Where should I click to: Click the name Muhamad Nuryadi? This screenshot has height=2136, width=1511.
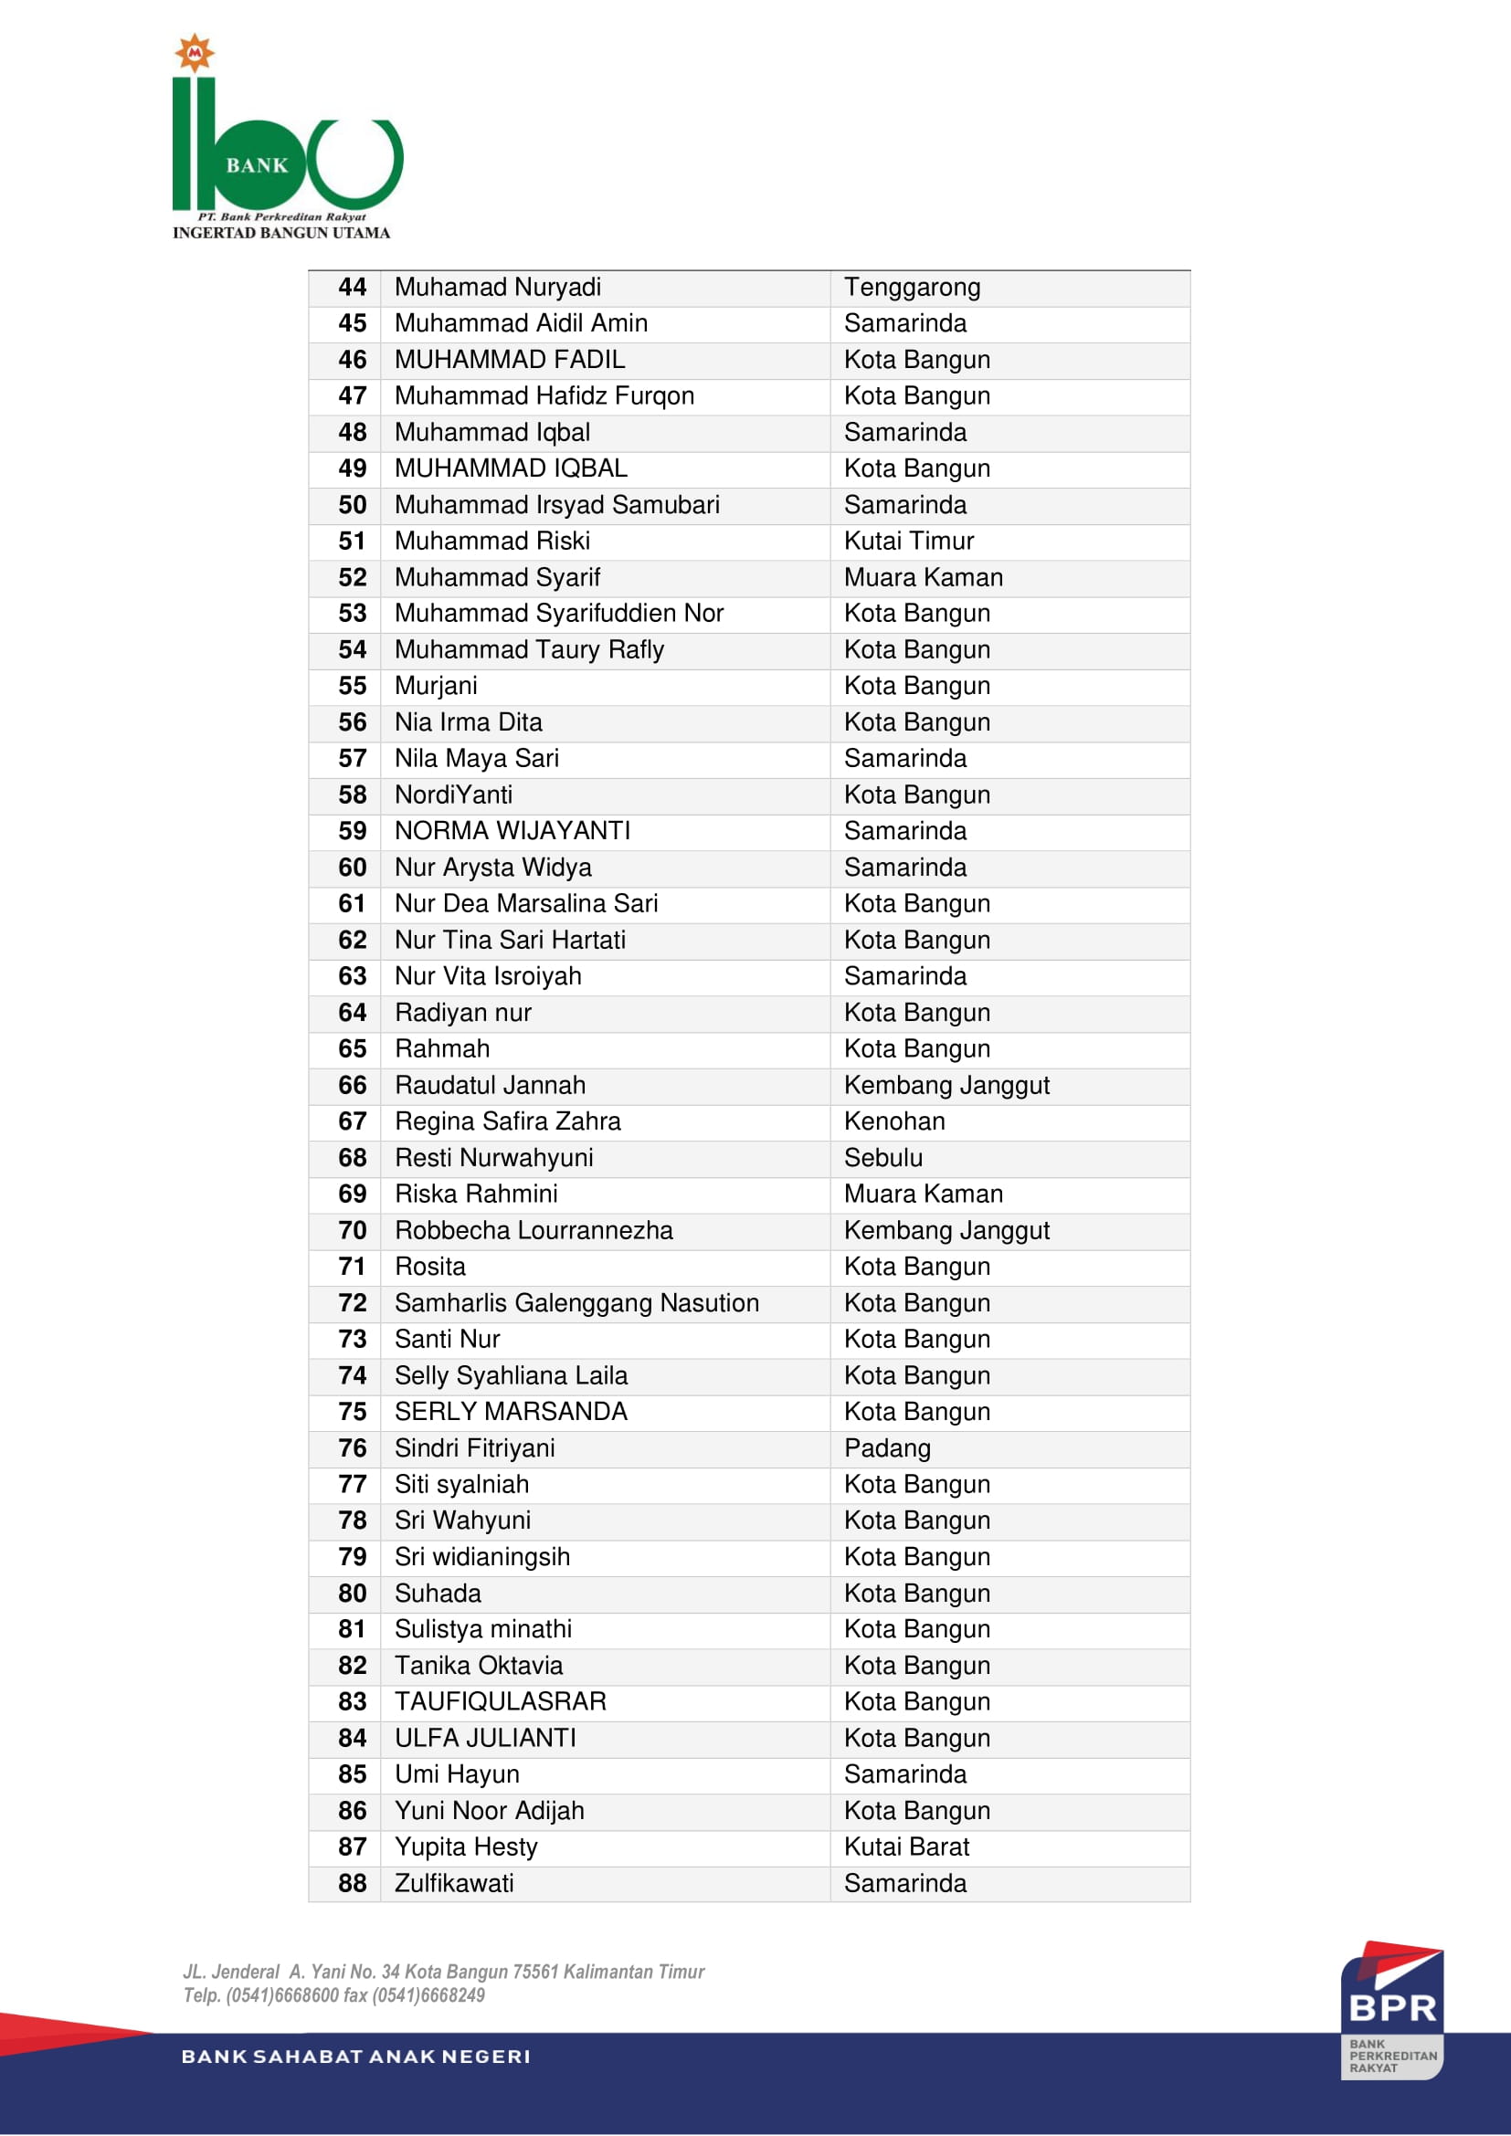(497, 288)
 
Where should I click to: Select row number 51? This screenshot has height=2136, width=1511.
(352, 542)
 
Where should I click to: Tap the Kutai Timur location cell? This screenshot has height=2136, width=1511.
(908, 542)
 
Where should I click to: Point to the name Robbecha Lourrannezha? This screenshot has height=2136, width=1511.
(534, 1231)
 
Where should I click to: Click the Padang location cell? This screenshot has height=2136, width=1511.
(887, 1448)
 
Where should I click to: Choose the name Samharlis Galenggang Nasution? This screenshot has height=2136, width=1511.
(576, 1303)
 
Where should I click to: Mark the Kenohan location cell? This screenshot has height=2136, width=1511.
(894, 1122)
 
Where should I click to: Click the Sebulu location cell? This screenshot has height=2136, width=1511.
(883, 1158)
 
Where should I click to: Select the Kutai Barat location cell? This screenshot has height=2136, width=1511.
(906, 1847)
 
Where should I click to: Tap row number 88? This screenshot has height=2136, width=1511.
(352, 1883)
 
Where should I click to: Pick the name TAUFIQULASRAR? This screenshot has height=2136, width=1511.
(500, 1701)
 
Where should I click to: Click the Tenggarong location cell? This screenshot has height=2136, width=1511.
(912, 288)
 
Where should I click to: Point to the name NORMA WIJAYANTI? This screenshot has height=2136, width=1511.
(512, 831)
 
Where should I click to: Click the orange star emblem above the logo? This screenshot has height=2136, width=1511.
(195, 53)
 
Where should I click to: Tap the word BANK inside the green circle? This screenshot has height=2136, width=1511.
(257, 165)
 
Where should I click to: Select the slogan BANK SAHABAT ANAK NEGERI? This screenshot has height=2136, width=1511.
(355, 2057)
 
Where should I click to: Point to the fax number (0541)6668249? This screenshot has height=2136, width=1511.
(428, 1995)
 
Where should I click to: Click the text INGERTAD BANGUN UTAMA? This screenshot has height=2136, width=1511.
(281, 234)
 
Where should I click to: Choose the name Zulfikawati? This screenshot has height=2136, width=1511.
(454, 1883)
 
